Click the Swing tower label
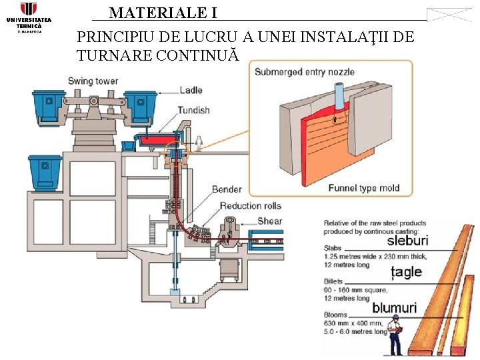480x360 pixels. pos(93,81)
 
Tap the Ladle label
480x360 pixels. pos(191,91)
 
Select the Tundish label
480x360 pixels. pos(193,110)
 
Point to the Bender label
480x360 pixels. pos(227,189)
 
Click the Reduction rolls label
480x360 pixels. pos(251,205)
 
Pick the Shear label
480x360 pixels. pos(269,221)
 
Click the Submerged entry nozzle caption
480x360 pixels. pos(305,72)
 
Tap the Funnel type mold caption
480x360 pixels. pos(364,189)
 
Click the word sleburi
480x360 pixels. pos(407,240)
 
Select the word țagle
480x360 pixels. pos(406,271)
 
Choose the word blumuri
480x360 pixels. pos(394,308)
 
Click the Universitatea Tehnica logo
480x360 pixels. pos(29,17)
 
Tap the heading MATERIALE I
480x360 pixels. pos(163,13)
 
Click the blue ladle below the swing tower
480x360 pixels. pos(45,172)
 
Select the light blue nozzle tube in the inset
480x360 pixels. pos(340,94)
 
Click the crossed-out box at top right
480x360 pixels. pos(449,15)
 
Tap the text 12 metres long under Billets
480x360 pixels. pos(346,298)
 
